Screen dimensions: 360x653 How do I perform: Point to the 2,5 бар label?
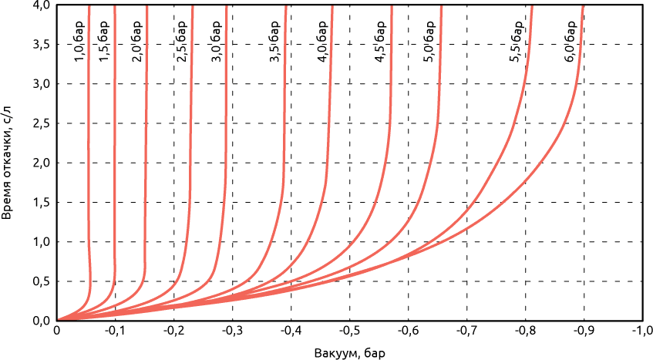pos(183,42)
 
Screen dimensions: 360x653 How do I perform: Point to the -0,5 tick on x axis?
pos(349,331)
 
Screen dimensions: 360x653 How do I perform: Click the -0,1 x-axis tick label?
pos(115,331)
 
